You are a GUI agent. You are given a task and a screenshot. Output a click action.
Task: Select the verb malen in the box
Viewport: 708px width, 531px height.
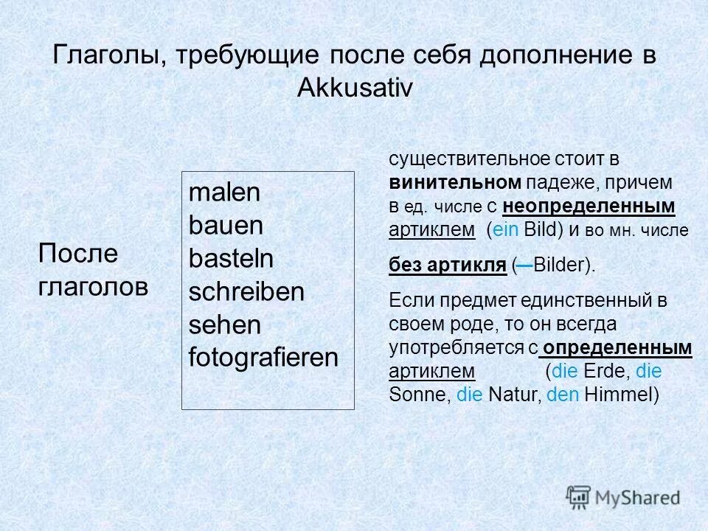point(224,193)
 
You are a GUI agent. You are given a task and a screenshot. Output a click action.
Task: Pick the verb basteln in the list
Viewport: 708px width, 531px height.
point(231,259)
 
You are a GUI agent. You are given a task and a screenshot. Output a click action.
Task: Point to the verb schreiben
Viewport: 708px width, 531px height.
point(246,292)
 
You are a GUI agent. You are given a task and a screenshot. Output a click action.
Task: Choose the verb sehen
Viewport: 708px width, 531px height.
point(225,325)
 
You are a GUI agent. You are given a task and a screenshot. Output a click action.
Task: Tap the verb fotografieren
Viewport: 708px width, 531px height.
point(263,358)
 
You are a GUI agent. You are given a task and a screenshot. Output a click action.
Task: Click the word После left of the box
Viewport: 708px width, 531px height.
point(77,254)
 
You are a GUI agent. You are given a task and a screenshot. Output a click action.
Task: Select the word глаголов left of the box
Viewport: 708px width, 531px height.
point(92,287)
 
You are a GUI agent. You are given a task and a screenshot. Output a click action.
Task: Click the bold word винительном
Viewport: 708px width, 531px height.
point(456,181)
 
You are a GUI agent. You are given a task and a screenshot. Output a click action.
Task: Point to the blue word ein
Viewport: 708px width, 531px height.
point(506,229)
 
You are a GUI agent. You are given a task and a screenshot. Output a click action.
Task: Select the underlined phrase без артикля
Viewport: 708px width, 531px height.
point(447,265)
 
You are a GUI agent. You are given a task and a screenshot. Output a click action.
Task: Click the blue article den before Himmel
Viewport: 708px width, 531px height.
point(564,395)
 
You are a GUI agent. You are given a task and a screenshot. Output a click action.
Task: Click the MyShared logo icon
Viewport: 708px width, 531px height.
point(579,496)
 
